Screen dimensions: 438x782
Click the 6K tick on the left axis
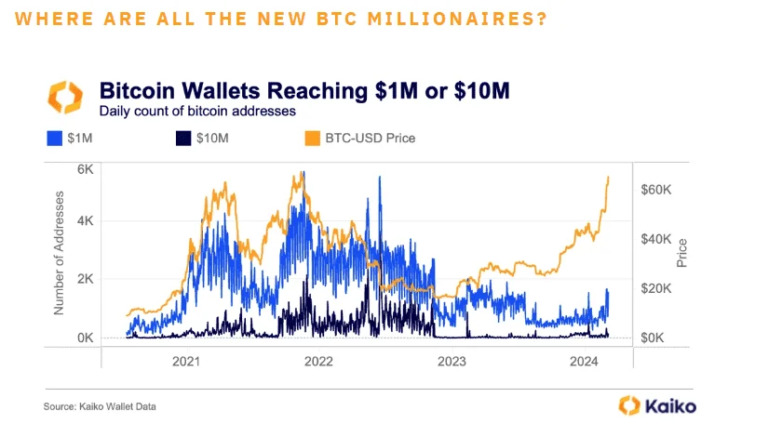tap(86, 170)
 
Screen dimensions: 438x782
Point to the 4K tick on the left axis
tap(86, 221)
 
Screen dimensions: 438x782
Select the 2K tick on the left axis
tap(86, 279)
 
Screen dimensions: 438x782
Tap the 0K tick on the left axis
tap(86, 338)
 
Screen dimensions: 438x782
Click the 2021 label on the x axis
tap(186, 361)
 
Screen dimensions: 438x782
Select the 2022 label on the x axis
tap(318, 361)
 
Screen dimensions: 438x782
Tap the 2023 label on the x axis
tap(452, 361)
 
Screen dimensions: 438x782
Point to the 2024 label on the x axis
tap(584, 361)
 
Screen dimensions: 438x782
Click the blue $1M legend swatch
tap(54, 139)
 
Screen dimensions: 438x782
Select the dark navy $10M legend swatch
tap(180, 139)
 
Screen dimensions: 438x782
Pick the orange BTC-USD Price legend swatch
tap(312, 139)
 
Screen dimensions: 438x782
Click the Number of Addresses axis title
tap(61, 252)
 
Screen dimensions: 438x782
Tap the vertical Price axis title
tap(682, 252)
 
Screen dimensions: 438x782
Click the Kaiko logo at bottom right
tap(657, 405)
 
